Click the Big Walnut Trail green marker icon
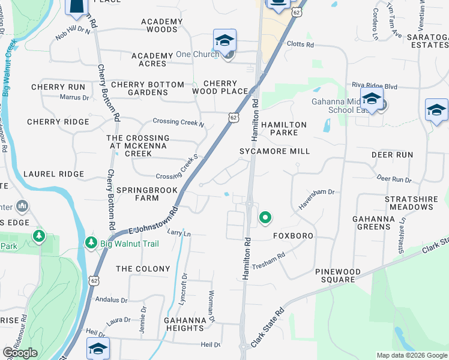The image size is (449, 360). (91, 243)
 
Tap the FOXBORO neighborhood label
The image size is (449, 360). (294, 236)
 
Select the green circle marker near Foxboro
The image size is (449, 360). (264, 217)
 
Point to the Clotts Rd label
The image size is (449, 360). (300, 44)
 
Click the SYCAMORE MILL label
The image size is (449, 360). (275, 151)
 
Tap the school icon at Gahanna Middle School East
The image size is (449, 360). (372, 100)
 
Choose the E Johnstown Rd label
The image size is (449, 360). (154, 222)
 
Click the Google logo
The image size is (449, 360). (20, 353)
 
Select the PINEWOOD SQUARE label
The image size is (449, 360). (339, 276)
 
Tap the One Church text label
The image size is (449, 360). (194, 55)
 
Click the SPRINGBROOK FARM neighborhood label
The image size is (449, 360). (147, 194)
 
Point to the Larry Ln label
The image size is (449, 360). (178, 232)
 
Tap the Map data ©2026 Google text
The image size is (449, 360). (412, 355)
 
